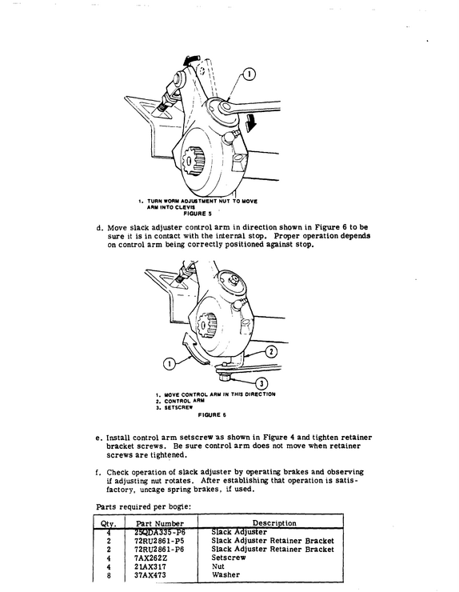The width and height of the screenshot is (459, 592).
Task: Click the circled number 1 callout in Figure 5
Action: coord(249,74)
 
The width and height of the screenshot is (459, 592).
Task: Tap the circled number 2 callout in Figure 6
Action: coord(271,352)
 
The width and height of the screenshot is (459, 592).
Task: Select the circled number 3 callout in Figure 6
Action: coord(261,383)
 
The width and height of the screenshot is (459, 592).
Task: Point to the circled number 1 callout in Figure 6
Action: coord(169,364)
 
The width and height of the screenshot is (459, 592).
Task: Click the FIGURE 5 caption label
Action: coord(198,214)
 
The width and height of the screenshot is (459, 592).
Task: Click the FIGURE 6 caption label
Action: coord(212,415)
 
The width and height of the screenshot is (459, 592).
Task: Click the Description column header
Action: coord(274,523)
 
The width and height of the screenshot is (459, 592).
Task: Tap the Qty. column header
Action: coord(108,524)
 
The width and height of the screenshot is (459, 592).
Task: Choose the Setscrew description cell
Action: coord(229,558)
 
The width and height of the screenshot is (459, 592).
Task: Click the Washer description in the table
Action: coord(226,575)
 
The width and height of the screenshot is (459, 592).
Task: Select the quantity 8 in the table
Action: coord(109,575)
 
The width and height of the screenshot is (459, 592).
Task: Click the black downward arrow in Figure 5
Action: coord(249,125)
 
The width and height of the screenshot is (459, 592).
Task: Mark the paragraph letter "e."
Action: coord(99,438)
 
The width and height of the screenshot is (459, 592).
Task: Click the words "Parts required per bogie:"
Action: coord(143,507)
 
